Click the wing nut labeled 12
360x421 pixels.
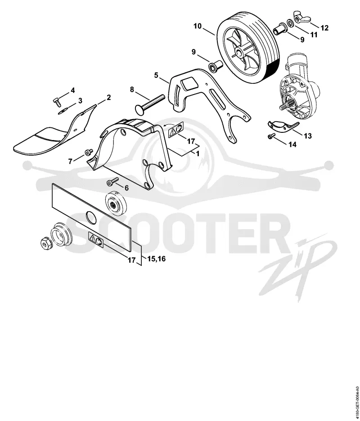[302, 18]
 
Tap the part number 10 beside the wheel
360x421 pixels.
[198, 26]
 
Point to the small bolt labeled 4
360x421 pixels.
[56, 102]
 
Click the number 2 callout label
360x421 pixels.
[108, 97]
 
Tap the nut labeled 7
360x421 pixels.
[89, 153]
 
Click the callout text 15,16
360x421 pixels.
[157, 258]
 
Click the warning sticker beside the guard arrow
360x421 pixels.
[175, 130]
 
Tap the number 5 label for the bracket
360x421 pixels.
[156, 75]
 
